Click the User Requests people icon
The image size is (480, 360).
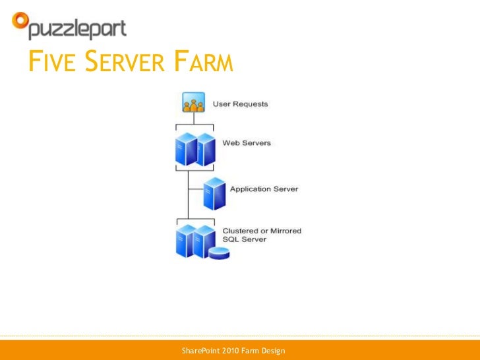[x=193, y=104]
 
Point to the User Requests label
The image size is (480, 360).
[x=240, y=104]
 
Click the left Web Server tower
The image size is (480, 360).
[x=186, y=150]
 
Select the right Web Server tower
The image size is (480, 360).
[x=206, y=150]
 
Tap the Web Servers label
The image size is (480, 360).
[x=246, y=143]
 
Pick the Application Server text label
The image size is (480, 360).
[x=264, y=189]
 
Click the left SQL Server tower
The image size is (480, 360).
[x=185, y=241]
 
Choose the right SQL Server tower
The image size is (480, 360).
[x=205, y=241]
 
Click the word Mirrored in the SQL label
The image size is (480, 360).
[x=285, y=231]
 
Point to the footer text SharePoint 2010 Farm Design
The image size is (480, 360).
[x=233, y=350]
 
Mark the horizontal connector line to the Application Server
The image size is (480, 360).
[x=196, y=189]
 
